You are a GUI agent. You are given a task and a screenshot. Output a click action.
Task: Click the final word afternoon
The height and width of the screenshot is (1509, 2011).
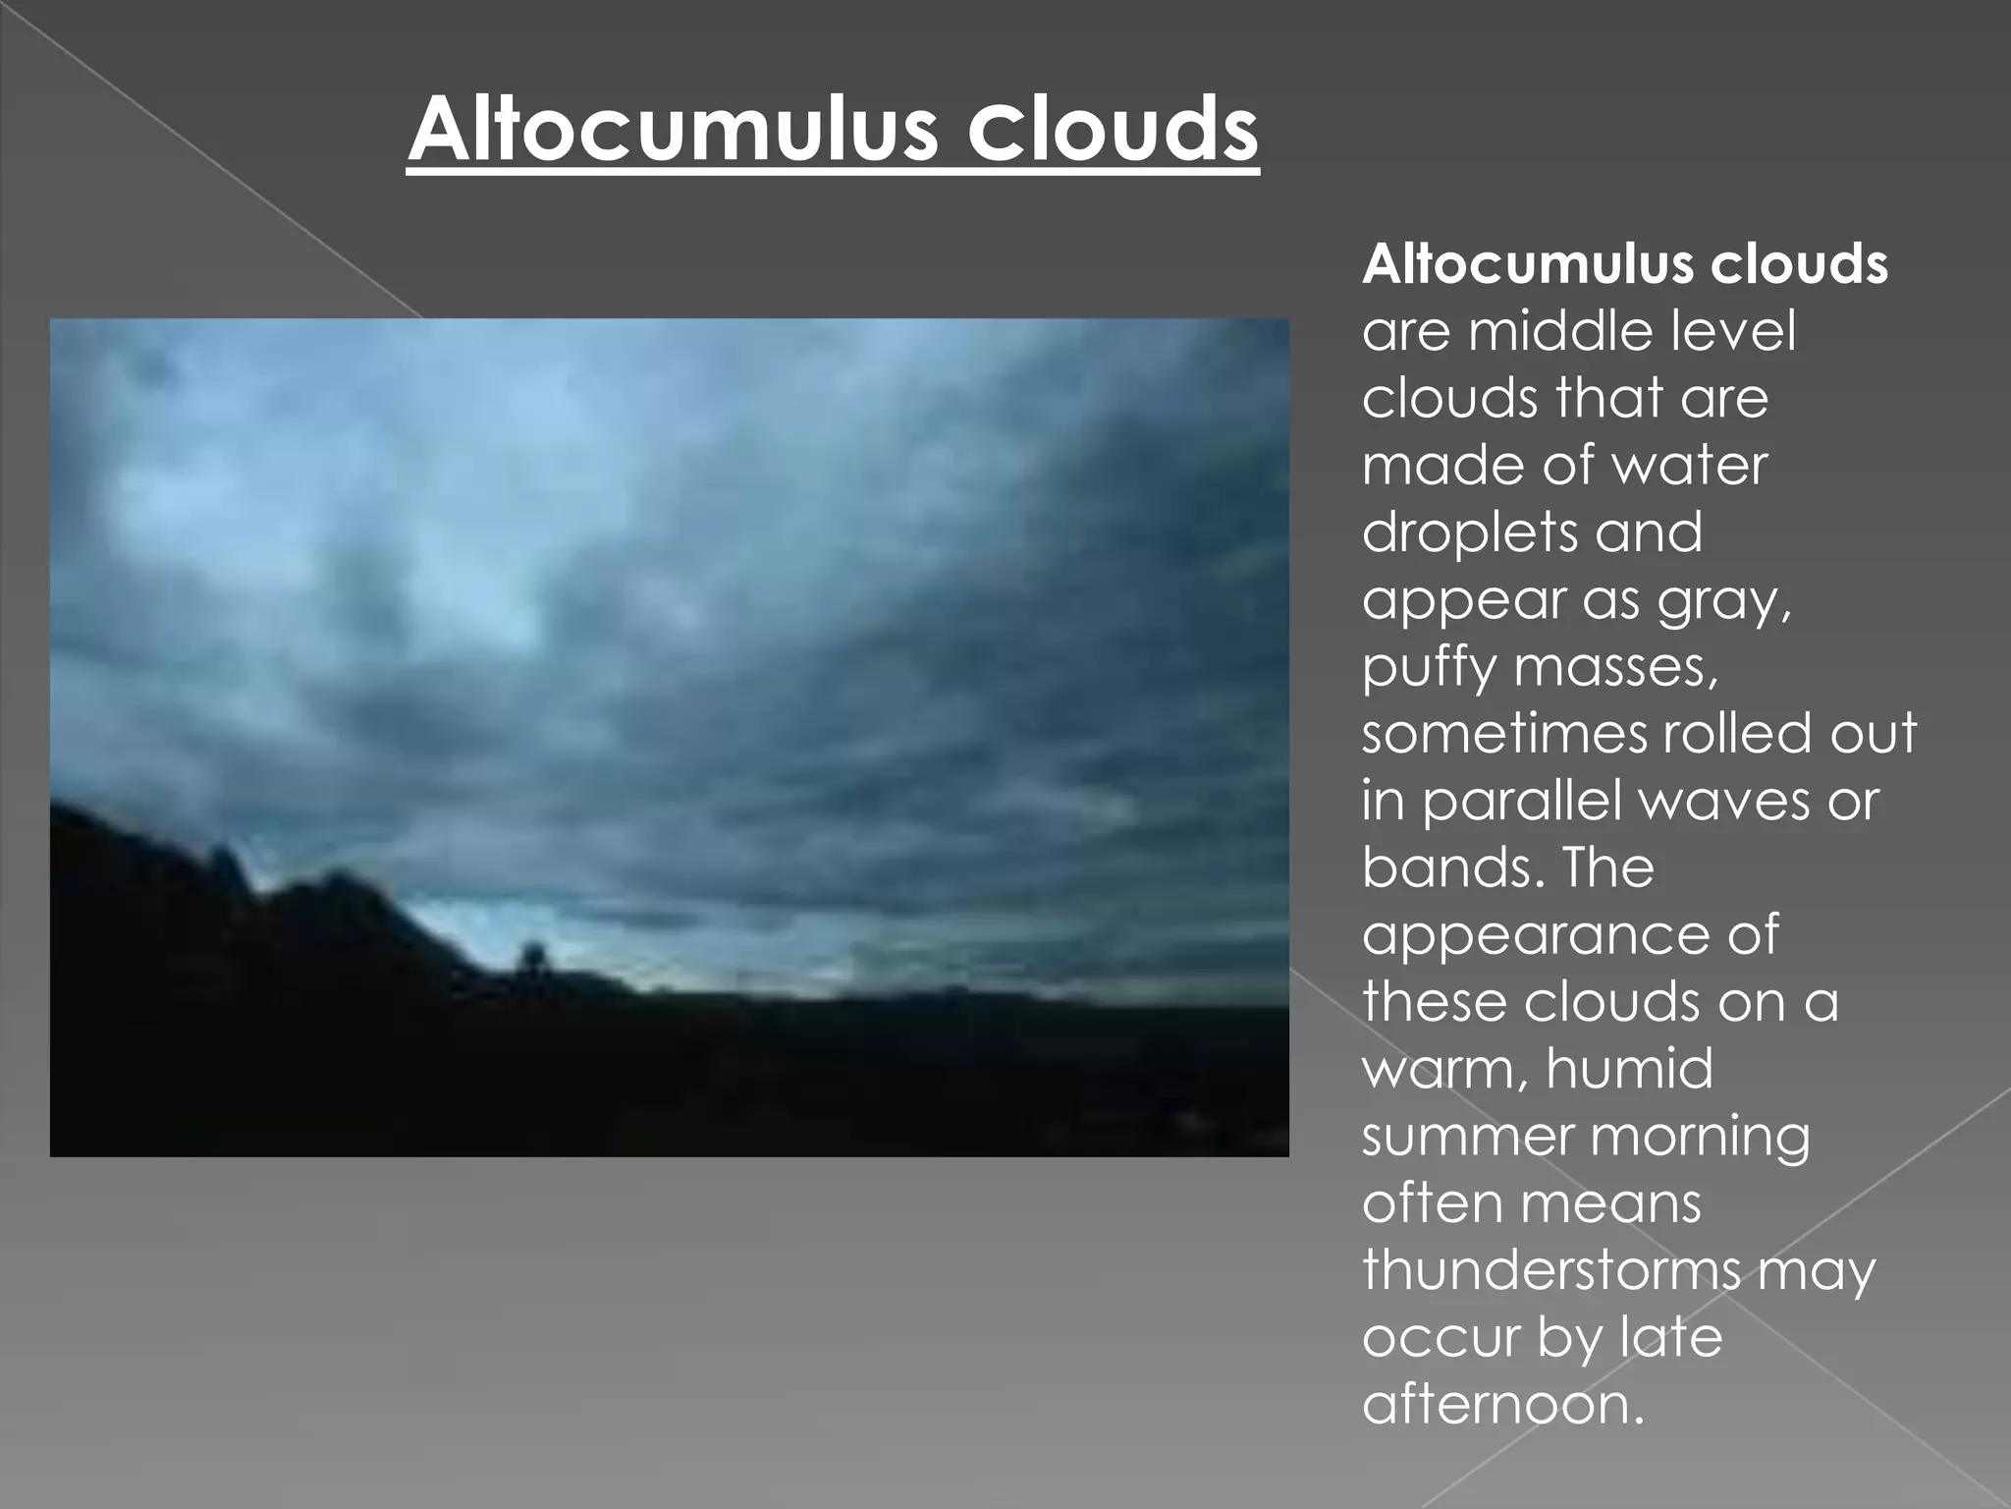(1501, 1404)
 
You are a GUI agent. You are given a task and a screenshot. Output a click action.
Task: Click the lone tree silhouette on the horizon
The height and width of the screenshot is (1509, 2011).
(533, 955)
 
